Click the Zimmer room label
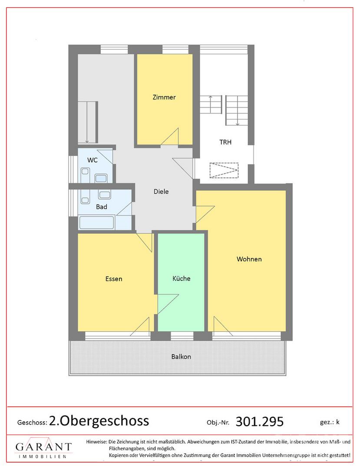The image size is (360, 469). coord(164,97)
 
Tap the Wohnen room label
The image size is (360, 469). coord(249,259)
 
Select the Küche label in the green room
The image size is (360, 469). coord(181,278)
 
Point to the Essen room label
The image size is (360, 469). coord(114,279)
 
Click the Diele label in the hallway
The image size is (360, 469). coord(161,192)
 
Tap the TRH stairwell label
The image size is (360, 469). coord(225,142)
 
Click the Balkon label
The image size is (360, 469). coord(181,357)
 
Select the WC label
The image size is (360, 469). coord(92,160)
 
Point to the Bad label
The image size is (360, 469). coord(102,207)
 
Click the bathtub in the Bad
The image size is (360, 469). coord(96,222)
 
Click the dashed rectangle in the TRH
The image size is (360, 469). coord(224,170)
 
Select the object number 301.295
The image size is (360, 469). coord(260,421)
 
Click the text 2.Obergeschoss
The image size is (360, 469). coord(99,421)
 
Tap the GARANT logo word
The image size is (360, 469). coord(44,447)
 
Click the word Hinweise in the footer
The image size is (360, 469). coord(96,442)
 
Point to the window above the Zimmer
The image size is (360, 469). coord(175,50)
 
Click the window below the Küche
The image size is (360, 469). coord(182,336)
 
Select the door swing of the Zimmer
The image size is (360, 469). coord(170,137)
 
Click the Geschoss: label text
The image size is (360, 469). coord(32,423)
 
